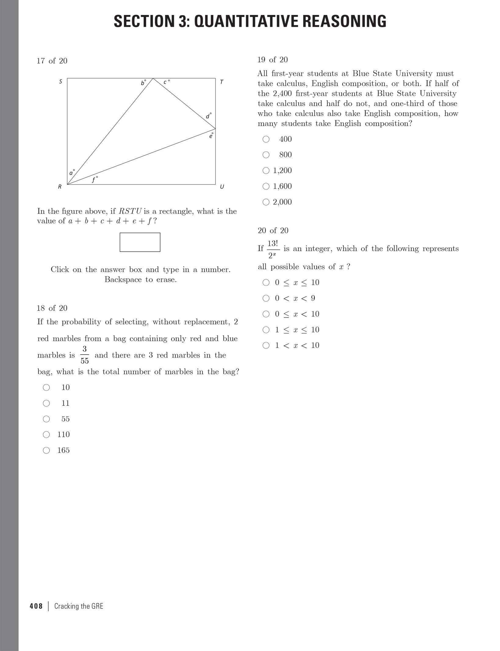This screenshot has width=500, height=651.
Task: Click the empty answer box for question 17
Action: coord(140,242)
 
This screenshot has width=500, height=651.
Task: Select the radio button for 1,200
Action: coord(266,170)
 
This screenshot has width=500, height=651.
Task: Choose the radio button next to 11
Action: coord(46,403)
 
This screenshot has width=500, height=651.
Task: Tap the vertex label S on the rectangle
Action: coord(60,82)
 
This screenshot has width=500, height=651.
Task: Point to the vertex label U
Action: coord(222,187)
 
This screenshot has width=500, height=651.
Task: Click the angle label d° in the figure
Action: coord(208,116)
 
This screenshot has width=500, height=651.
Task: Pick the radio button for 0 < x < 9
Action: coord(266,298)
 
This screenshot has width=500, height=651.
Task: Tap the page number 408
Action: coord(36,606)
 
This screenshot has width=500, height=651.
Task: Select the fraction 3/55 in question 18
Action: coord(85,355)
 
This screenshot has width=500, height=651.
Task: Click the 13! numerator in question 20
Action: coord(272,244)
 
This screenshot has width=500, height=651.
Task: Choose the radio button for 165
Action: coord(46,450)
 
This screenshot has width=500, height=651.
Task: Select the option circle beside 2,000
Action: coord(266,202)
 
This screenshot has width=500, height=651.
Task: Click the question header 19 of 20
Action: coord(272,60)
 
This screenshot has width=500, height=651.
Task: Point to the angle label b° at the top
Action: coord(143,82)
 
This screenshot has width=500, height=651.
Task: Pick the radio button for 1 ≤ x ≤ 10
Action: coord(266,329)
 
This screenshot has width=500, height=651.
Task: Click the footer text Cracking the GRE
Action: coord(79,606)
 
